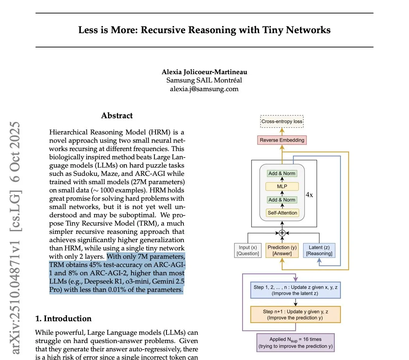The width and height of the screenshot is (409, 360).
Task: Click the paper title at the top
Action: [204, 30]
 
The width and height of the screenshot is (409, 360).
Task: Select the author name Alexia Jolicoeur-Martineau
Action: [204, 72]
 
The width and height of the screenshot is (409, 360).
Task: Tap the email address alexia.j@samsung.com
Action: [204, 89]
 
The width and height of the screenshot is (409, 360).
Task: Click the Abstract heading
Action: [117, 116]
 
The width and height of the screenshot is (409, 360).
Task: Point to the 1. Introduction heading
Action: [63, 319]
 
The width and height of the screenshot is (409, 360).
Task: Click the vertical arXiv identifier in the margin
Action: [16, 237]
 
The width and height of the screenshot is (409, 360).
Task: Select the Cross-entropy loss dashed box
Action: [282, 122]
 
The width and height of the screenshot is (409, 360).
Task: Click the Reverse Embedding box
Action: [282, 140]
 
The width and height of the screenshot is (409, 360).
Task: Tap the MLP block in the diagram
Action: [282, 186]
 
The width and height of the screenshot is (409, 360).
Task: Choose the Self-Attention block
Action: [282, 213]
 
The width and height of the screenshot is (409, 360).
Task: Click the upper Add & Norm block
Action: [282, 173]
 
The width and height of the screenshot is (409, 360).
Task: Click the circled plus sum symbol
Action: [282, 233]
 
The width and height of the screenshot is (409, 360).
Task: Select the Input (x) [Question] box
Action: [248, 250]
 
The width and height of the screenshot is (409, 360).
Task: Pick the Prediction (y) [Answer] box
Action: [282, 250]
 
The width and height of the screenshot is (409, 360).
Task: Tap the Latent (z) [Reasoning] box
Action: [319, 250]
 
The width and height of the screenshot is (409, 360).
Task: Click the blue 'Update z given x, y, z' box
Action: [296, 290]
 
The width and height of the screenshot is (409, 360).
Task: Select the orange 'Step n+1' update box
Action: [296, 314]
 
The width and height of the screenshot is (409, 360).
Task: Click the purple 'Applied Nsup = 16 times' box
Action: [296, 343]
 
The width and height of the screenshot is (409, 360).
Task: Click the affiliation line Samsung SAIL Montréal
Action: [204, 80]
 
